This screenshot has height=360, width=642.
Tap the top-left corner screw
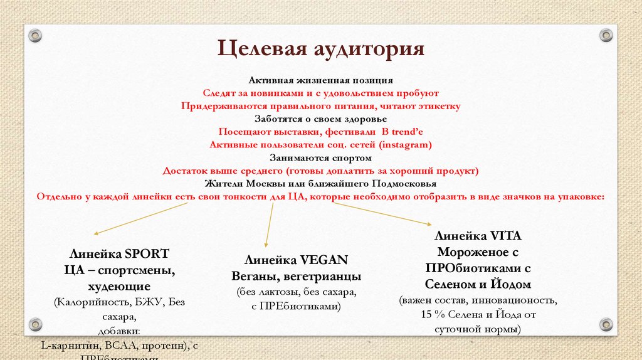tap(35, 35)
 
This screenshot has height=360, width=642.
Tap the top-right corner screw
tap(606, 35)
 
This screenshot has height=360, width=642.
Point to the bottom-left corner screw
tap(35, 324)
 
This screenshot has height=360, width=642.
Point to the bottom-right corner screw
tap(606, 324)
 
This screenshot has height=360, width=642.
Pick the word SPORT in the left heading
tap(147, 254)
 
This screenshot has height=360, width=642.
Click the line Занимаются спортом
tap(320, 157)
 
